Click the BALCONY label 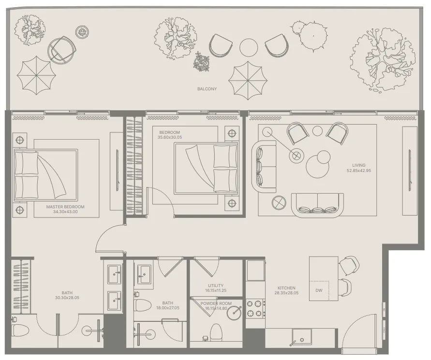tap(207, 89)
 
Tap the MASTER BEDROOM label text tap(65, 207)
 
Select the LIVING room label tap(359, 165)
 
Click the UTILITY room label tap(216, 286)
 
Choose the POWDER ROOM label tap(216, 303)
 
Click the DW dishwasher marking tap(319, 290)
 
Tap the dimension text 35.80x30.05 tap(169, 137)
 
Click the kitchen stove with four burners tap(256, 308)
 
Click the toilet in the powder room tap(216, 332)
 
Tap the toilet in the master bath tap(20, 331)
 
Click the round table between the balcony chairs tap(249, 47)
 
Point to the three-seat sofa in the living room tap(317, 205)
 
